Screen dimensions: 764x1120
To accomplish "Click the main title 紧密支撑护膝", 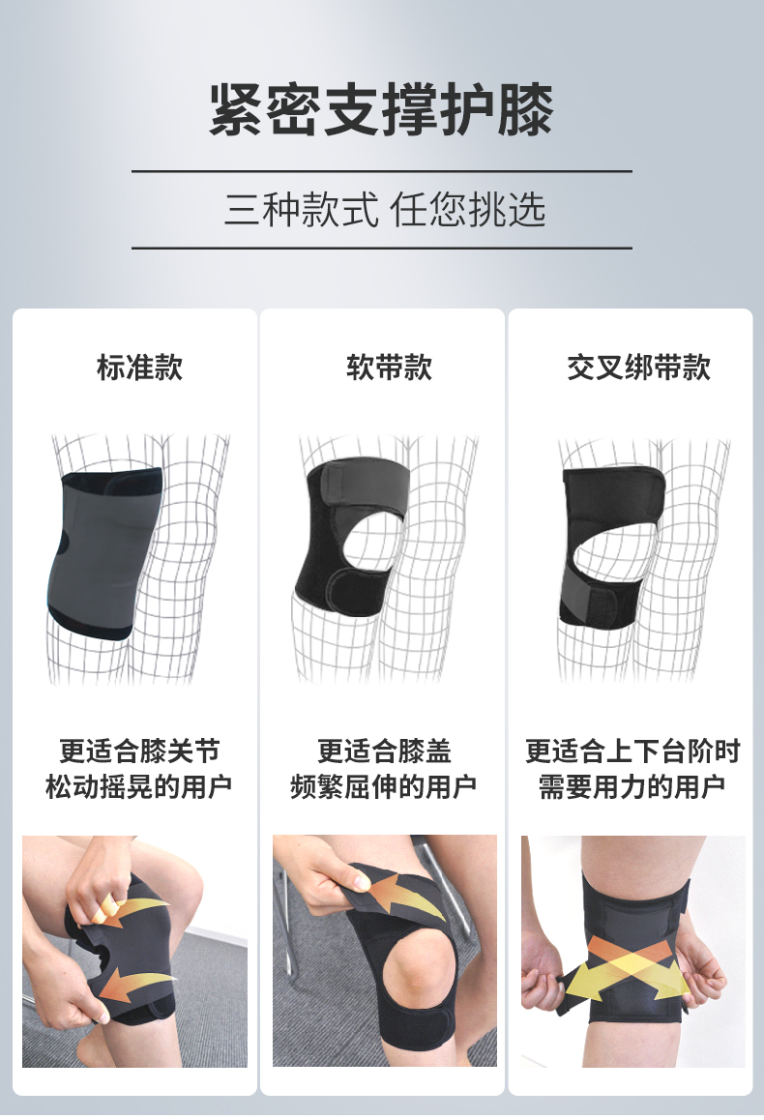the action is [x=381, y=109].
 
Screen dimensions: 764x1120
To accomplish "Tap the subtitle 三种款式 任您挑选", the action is [x=385, y=210].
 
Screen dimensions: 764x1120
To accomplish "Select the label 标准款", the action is [x=140, y=368].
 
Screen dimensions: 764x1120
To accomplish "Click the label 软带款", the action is [x=389, y=368].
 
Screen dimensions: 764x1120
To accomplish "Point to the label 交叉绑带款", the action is [x=639, y=368].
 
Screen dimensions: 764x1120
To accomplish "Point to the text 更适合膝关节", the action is [x=140, y=752].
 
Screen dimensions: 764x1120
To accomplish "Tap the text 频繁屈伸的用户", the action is [x=383, y=786].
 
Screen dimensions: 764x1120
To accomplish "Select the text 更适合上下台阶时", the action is [x=632, y=752].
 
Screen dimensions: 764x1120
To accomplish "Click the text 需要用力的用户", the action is [x=632, y=786].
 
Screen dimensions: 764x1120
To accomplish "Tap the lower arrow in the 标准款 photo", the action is [x=135, y=986].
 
